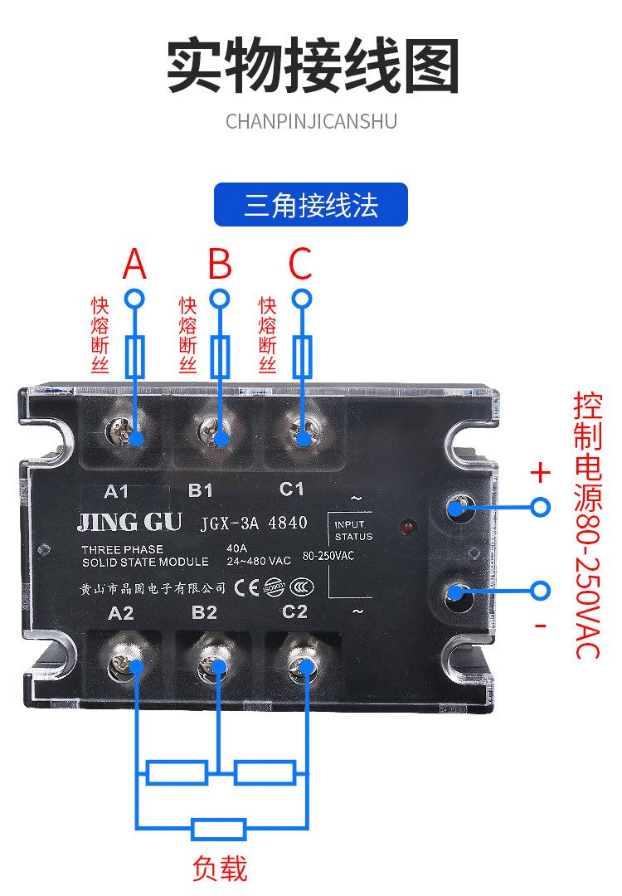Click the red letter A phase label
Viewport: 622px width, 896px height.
pyautogui.click(x=134, y=264)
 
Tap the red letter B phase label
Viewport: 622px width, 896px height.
pyautogui.click(x=219, y=264)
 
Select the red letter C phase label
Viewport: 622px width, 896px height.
pyautogui.click(x=300, y=264)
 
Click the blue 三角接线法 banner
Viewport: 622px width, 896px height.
pyautogui.click(x=311, y=205)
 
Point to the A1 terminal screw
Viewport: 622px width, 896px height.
pyautogui.click(x=124, y=431)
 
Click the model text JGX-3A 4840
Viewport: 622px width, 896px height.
pyautogui.click(x=254, y=523)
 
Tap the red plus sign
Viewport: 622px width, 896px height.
pyautogui.click(x=540, y=473)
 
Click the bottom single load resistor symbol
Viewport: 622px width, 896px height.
pyautogui.click(x=219, y=828)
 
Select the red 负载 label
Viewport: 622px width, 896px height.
pyautogui.click(x=219, y=869)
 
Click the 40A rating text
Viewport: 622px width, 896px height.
pyautogui.click(x=237, y=548)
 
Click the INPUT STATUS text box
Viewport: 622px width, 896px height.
pyautogui.click(x=353, y=531)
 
